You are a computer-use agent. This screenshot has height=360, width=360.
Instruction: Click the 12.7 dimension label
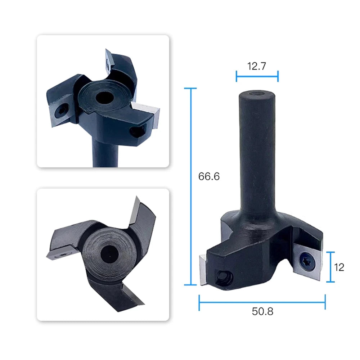256,66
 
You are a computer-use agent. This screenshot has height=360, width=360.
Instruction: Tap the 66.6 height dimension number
209,176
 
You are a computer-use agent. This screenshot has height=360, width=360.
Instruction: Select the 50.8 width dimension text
262,311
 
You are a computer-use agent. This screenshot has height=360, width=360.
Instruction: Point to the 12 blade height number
339,267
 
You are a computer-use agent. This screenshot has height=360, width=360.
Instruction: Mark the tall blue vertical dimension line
190,186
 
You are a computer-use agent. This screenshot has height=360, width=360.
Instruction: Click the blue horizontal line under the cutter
262,302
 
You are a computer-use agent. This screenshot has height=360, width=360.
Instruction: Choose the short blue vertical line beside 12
330,267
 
